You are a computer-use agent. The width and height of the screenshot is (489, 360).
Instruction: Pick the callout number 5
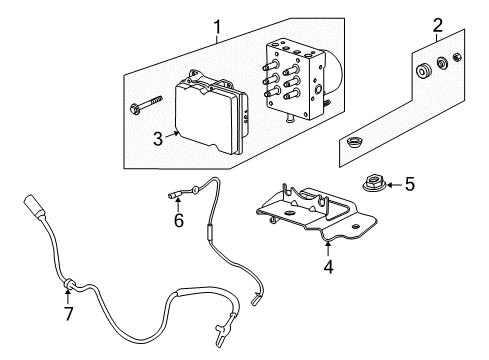pyautogui.click(x=409, y=184)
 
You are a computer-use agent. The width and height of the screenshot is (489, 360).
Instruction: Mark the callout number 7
pyautogui.click(x=68, y=315)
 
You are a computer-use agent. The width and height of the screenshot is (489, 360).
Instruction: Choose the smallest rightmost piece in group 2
pyautogui.click(x=457, y=59)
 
